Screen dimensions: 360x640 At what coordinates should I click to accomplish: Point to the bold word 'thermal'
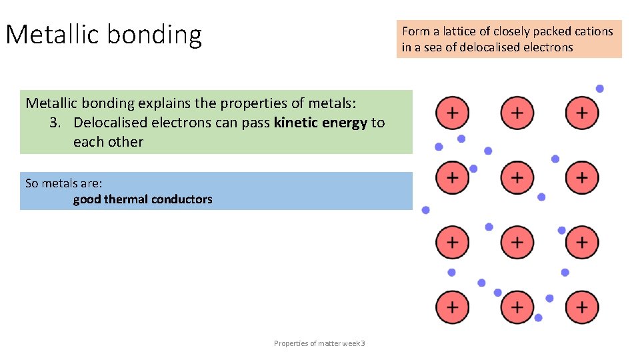coord(126,199)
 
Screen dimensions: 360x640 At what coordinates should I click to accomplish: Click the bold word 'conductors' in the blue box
coord(182,199)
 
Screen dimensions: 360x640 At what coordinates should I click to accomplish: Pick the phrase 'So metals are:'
coord(63,183)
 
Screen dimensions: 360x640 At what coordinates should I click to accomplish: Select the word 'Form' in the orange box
coord(416,31)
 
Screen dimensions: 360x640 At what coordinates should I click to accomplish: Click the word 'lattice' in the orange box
coord(465,31)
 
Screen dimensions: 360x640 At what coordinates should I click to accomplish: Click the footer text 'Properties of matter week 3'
coord(319,343)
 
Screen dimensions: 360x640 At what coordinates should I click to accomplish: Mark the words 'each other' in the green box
coord(108,141)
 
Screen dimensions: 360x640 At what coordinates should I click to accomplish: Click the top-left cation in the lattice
coord(452,113)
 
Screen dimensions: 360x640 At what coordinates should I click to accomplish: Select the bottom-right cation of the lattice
coord(582,307)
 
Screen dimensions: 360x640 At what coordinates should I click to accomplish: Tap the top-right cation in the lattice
coord(582,113)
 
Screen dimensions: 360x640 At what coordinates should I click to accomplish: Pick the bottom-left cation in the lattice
coord(452,307)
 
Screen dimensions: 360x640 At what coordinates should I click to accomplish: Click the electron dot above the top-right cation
coord(600,89)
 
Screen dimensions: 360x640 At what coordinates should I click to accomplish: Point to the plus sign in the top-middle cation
coord(517,113)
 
